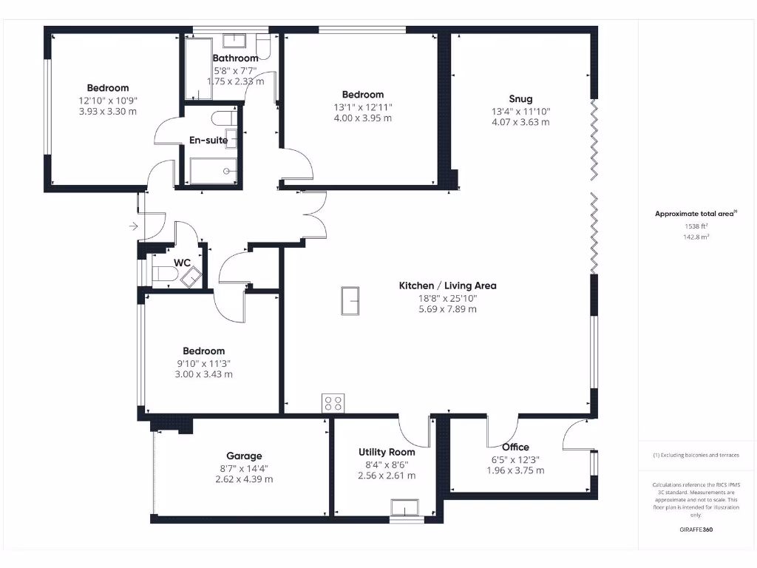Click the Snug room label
click(520, 99)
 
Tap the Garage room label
click(244, 456)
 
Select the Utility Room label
click(387, 452)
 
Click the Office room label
click(515, 447)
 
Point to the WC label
click(183, 263)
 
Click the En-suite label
click(208, 141)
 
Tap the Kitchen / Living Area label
click(447, 285)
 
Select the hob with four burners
click(333, 403)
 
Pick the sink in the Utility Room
click(404, 507)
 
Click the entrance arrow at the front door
click(133, 226)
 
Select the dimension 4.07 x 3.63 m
click(520, 122)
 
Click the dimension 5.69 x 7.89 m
click(447, 308)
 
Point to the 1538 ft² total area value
click(695, 227)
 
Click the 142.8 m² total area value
click(695, 237)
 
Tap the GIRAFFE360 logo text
click(696, 530)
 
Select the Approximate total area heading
click(695, 214)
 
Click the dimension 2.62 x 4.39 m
click(244, 479)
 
